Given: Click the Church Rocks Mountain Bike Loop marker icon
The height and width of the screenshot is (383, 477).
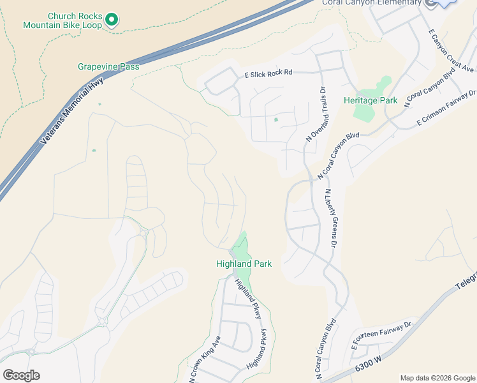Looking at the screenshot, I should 112,20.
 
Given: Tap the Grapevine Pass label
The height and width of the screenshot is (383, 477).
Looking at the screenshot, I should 108,66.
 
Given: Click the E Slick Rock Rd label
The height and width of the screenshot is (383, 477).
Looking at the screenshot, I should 268,73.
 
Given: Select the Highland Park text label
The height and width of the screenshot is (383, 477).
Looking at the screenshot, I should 244,264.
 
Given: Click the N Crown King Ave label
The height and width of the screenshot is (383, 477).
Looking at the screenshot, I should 204,359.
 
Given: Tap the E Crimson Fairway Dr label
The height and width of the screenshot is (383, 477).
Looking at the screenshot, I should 447,107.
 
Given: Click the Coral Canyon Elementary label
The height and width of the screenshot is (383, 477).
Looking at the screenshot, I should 370,3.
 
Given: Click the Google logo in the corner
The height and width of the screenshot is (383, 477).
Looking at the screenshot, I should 21,375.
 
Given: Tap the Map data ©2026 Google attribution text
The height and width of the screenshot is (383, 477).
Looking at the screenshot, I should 437,378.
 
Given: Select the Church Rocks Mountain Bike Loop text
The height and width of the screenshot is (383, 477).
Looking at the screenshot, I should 62,20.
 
